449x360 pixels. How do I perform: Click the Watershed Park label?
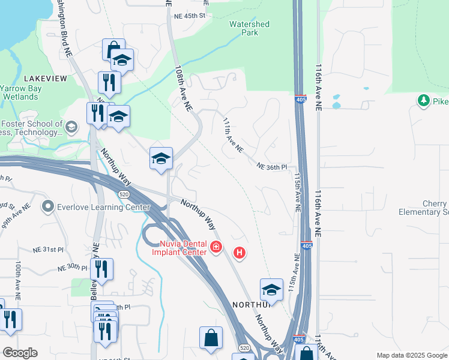click(249, 28)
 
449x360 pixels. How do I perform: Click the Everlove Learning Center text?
click(103, 208)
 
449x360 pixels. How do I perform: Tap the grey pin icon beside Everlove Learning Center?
click(48, 207)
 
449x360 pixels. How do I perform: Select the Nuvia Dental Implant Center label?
click(184, 247)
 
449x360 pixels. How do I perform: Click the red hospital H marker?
click(240, 253)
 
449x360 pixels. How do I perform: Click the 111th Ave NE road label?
click(232, 135)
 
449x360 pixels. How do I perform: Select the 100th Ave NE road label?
click(19, 280)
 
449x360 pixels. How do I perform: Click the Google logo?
click(20, 353)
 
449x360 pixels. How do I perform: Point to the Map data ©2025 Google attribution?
click(411, 355)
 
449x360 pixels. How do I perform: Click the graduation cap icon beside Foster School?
click(71, 127)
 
